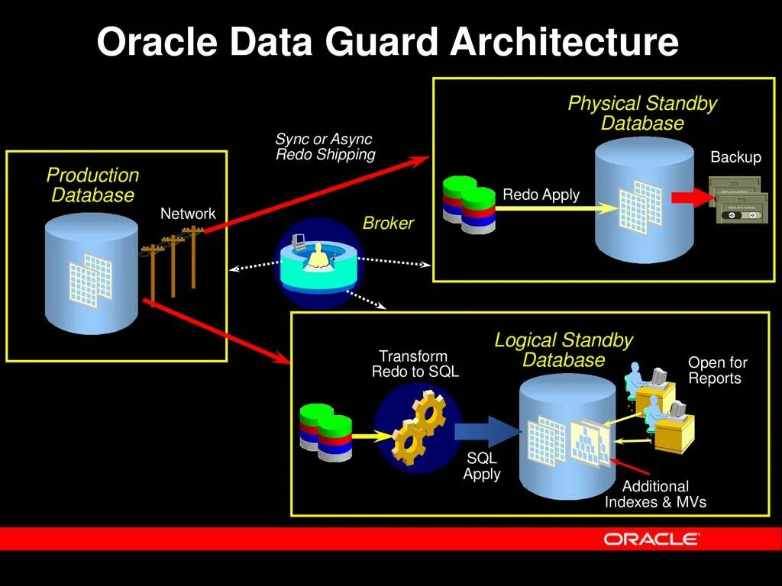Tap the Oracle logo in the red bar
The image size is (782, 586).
coord(651,539)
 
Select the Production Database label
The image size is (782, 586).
coord(92,185)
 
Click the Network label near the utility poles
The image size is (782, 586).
coord(188,214)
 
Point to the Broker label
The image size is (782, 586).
coord(388,224)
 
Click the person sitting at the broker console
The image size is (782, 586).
coord(316,256)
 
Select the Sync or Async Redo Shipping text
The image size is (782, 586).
coord(325,146)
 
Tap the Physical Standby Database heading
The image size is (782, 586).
coord(642,114)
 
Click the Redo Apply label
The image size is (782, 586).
coord(541,195)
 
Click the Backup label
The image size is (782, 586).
coord(735,157)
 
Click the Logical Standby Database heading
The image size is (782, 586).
coord(564,350)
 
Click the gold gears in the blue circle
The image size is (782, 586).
coord(418,428)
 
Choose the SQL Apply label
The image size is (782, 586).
coord(482,466)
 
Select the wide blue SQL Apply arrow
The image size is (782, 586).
coord(484,432)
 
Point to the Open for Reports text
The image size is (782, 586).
coord(717,370)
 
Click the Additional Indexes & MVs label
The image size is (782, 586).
coord(655,494)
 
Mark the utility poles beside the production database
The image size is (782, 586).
coord(173,263)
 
